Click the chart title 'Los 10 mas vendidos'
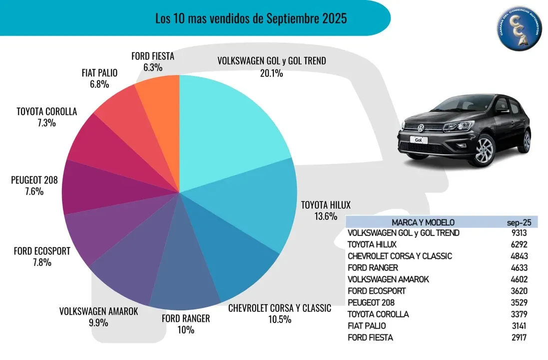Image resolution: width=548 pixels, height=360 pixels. [251, 19]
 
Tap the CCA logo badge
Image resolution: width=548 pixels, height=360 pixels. [520, 30]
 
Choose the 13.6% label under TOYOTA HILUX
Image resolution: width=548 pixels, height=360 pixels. [320, 216]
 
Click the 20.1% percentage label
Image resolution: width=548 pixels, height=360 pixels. [271, 73]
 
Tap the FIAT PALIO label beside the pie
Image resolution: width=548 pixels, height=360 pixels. [99, 73]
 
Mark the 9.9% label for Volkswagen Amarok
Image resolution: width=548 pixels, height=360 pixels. [98, 322]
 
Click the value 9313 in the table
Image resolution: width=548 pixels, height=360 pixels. [517, 233]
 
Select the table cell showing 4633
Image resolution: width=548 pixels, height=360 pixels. [517, 268]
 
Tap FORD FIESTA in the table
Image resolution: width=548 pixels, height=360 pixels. [370, 337]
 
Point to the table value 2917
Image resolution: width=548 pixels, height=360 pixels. [517, 337]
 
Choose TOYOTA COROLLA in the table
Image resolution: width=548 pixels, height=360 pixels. [378, 314]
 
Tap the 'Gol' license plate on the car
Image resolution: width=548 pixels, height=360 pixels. [419, 140]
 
